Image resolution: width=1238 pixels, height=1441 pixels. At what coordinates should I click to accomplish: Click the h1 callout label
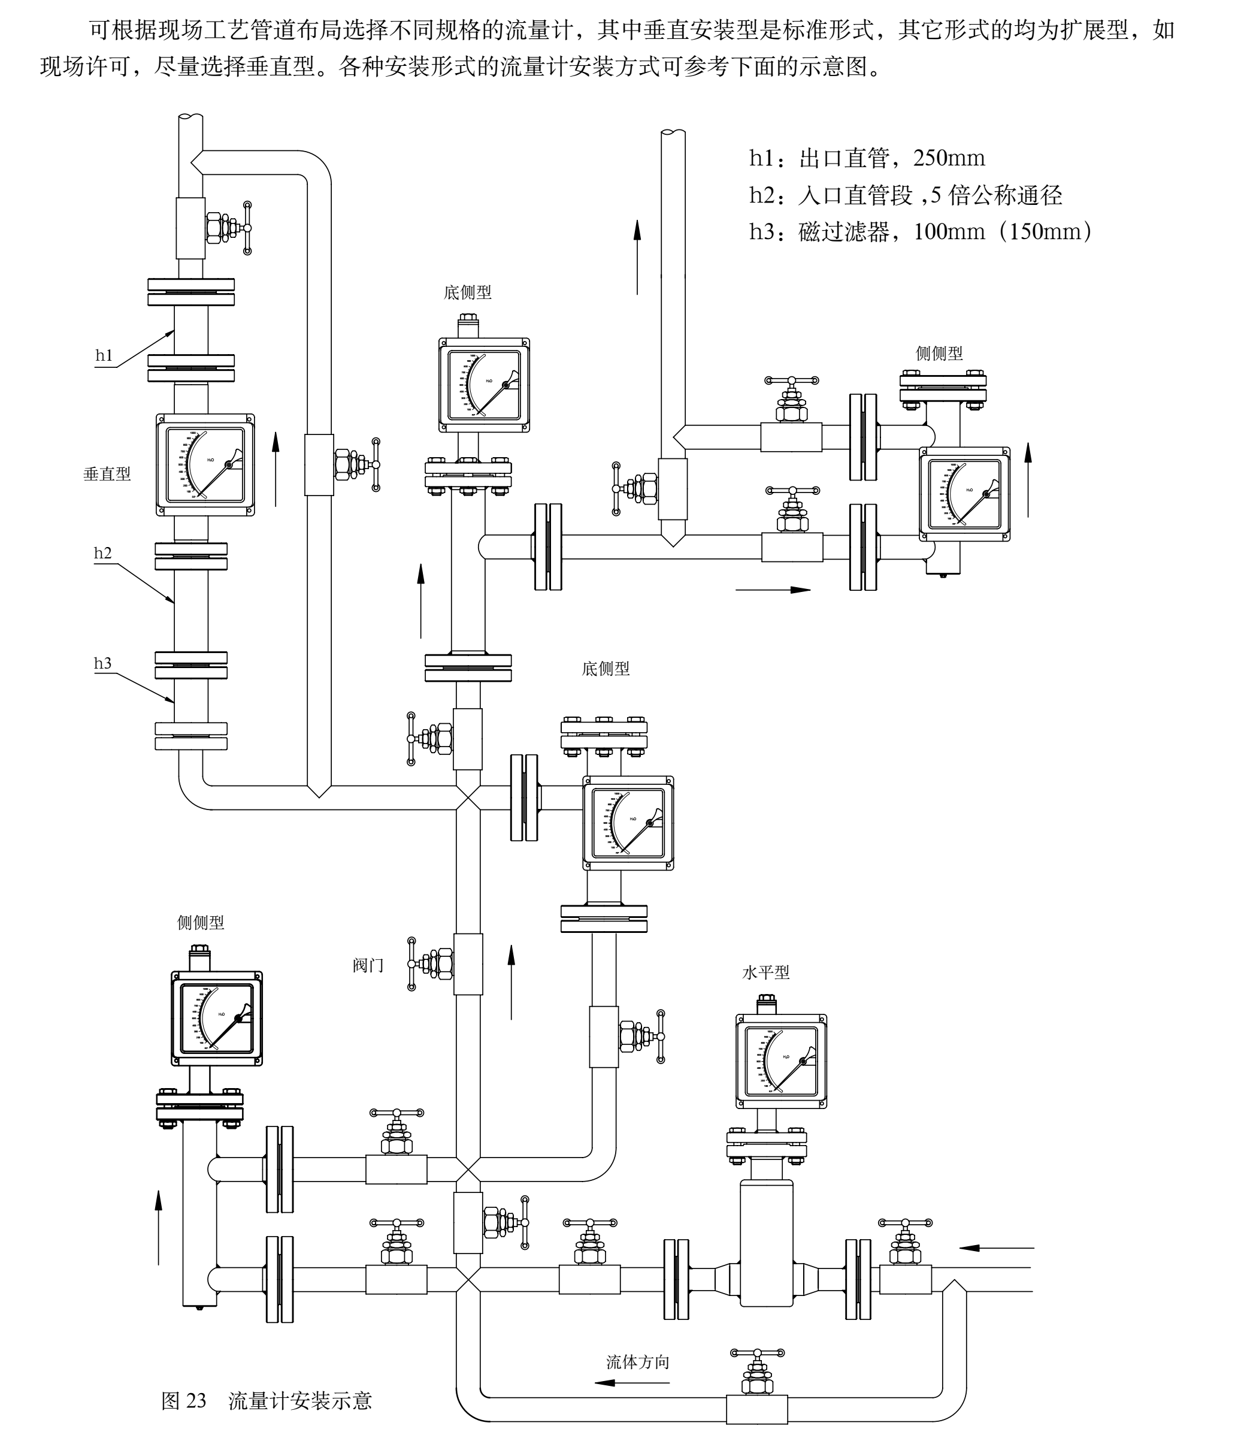(104, 355)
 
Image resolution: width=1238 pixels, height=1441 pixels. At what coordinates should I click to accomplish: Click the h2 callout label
(102, 553)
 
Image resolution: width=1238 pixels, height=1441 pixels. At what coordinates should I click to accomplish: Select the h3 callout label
(102, 663)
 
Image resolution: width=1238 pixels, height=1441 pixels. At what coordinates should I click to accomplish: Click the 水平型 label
(765, 972)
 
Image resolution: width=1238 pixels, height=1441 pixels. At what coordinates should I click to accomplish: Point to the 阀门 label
(368, 965)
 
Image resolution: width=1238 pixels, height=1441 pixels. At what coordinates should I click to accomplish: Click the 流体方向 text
(637, 1362)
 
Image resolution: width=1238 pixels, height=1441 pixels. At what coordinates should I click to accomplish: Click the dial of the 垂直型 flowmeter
(205, 464)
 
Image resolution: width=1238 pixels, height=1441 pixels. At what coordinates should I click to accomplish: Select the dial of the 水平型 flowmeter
(780, 1061)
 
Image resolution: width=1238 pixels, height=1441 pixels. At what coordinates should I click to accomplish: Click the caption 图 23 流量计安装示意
(267, 1400)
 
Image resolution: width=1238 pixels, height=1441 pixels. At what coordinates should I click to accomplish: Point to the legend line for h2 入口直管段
(905, 195)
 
